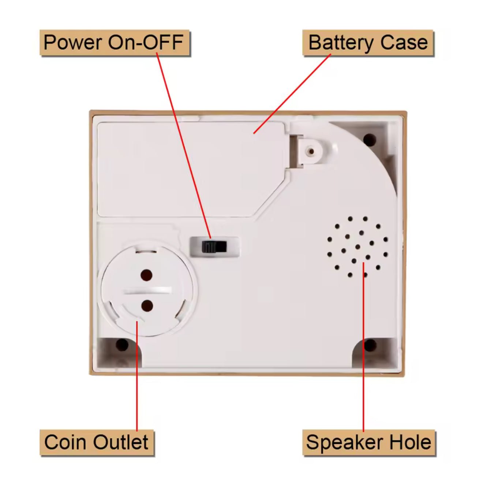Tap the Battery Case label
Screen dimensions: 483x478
coord(368,42)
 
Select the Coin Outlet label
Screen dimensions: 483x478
coord(97,442)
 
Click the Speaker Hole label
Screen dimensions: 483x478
coord(368,442)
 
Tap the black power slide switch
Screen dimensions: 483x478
coord(214,247)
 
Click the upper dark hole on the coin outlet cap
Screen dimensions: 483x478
coord(147,275)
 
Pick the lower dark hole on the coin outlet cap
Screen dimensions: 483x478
coord(147,305)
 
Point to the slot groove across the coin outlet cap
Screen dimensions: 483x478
coord(147,290)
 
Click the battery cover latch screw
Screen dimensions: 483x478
coord(311,151)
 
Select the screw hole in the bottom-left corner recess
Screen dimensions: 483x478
coord(122,345)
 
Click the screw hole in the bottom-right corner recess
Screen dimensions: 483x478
coord(370,345)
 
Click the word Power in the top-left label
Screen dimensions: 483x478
coord(72,42)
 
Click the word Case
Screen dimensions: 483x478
coord(404,42)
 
